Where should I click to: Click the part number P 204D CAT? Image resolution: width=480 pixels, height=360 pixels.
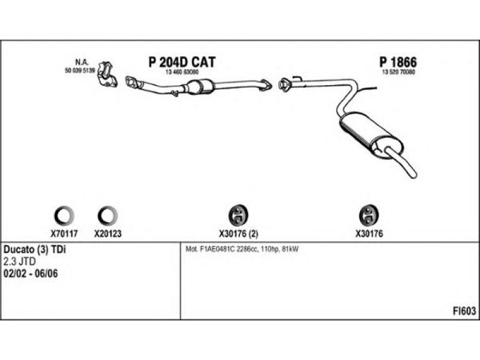(x=181, y=62)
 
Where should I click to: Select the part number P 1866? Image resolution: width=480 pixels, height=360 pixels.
(x=398, y=62)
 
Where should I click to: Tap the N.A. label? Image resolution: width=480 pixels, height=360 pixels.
(x=81, y=62)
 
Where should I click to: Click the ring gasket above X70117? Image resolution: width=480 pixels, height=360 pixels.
(x=64, y=214)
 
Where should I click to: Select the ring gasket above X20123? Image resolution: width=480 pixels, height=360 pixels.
(x=107, y=214)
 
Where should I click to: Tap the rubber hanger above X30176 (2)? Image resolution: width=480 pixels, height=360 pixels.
(x=239, y=214)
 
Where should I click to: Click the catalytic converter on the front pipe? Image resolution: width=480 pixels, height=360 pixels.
(x=203, y=87)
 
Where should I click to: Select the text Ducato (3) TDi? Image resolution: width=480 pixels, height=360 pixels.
(x=35, y=250)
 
